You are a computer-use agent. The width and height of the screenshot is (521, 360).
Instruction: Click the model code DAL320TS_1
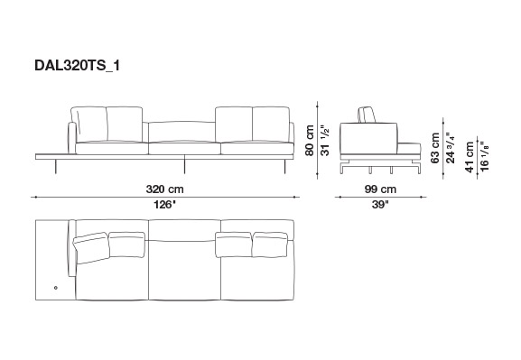click(77, 66)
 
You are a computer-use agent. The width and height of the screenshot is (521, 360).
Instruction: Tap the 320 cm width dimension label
click(164, 189)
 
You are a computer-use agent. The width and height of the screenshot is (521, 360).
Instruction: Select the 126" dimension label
click(164, 205)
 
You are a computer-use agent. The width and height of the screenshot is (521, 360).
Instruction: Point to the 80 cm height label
click(310, 140)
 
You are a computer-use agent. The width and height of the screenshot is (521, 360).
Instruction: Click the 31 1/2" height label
click(325, 140)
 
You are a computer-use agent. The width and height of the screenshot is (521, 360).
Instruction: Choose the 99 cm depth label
click(380, 189)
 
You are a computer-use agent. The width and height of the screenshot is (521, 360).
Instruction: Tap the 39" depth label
click(380, 205)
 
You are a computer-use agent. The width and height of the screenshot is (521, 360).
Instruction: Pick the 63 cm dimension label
click(435, 148)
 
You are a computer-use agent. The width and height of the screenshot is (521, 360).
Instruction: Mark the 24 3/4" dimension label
click(451, 148)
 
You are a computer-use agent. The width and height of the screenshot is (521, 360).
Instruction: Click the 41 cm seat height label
click(470, 157)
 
